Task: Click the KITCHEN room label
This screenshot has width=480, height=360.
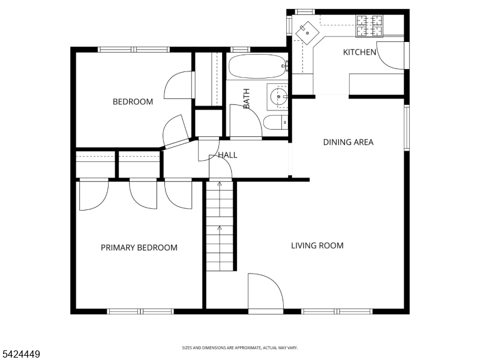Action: tap(359, 52)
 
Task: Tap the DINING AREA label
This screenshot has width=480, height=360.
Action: tap(348, 142)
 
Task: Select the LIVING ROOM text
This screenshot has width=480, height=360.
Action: tap(317, 245)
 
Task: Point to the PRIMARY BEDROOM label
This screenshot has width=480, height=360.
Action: tap(139, 247)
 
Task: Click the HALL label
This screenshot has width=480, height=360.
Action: tap(227, 155)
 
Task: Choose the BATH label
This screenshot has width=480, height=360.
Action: tap(246, 98)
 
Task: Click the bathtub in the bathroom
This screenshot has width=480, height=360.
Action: tap(257, 67)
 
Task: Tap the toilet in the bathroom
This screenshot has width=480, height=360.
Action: tap(275, 122)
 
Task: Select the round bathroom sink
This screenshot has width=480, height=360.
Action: tap(279, 97)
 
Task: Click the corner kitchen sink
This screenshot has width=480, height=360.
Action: tap(307, 33)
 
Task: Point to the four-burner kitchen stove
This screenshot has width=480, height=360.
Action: tap(369, 26)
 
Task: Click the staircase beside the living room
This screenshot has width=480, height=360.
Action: tap(220, 226)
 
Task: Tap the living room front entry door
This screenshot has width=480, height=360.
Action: tap(265, 292)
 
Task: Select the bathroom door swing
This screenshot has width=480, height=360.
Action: tap(245, 121)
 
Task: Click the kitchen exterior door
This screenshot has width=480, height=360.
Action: tap(392, 55)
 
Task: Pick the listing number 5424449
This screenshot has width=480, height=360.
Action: tap(20, 354)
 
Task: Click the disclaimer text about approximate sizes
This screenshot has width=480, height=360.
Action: tap(239, 348)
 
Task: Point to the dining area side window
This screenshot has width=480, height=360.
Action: tap(407, 128)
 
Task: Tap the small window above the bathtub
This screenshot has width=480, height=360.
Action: tap(240, 50)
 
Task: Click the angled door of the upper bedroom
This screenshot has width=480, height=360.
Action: tap(175, 130)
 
